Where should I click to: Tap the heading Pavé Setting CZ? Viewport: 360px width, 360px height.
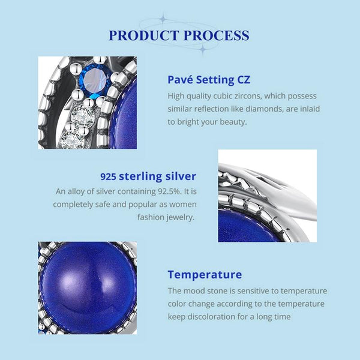[x=209, y=79]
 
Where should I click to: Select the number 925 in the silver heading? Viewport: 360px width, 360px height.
[x=108, y=176]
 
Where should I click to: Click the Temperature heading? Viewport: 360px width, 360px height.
[x=205, y=275]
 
